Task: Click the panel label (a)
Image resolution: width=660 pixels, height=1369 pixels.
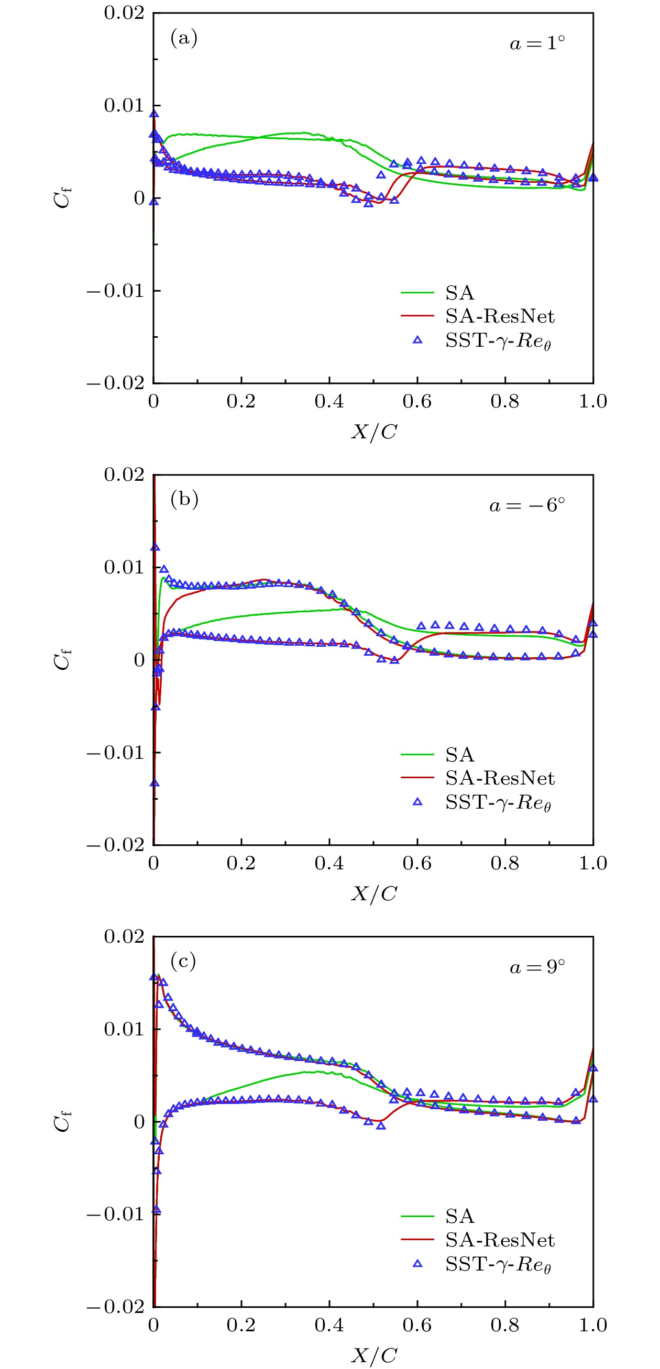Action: (x=184, y=38)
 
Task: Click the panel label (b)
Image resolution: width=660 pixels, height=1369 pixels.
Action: (x=184, y=500)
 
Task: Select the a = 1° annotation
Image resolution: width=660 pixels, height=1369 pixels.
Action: (x=537, y=43)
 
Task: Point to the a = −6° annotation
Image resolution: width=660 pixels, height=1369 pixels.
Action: (x=527, y=505)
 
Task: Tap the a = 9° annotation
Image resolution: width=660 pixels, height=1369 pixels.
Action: (x=537, y=967)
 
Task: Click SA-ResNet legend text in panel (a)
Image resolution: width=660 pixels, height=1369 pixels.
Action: (x=500, y=316)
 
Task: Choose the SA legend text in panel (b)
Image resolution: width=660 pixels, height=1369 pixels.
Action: (x=460, y=754)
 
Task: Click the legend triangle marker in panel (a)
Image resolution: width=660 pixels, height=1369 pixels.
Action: (x=417, y=340)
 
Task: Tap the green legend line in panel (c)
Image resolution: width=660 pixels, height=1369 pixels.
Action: (x=417, y=1216)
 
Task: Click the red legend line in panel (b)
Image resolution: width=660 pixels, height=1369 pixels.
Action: (x=417, y=778)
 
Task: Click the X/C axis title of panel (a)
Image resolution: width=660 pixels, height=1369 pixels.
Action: (x=373, y=432)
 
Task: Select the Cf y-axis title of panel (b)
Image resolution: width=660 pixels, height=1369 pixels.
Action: (x=62, y=659)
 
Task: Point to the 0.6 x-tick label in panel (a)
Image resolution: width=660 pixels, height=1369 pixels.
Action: (x=417, y=401)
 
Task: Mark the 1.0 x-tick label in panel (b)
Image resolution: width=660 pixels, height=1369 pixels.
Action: (x=592, y=863)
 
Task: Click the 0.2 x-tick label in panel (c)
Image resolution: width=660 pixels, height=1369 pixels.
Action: (x=241, y=1325)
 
